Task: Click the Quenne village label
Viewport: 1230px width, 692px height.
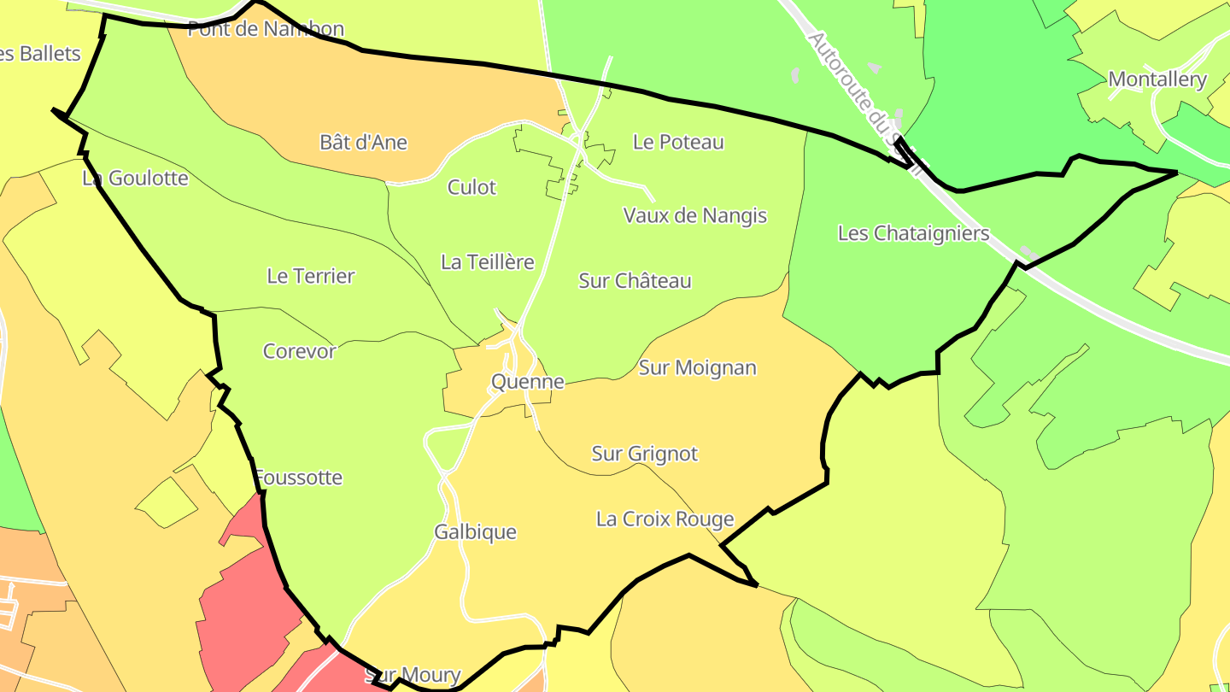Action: [x=528, y=382]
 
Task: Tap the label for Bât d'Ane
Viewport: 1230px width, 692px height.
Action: [x=363, y=143]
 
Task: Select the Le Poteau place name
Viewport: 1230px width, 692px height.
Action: [x=678, y=143]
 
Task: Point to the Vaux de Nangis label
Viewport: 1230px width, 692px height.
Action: [x=695, y=216]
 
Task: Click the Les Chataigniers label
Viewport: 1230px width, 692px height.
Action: [x=913, y=233]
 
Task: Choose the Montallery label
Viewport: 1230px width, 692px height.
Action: [x=1157, y=80]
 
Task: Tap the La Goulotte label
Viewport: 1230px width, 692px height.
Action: [x=135, y=179]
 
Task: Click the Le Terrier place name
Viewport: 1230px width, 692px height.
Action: [x=310, y=276]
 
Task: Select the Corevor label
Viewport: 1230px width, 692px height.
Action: [x=299, y=351]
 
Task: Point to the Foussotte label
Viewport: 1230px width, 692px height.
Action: [x=298, y=478]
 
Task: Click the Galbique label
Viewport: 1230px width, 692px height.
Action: [x=475, y=532]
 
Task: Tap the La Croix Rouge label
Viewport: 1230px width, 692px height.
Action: [x=665, y=519]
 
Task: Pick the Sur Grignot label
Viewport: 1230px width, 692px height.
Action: [x=645, y=454]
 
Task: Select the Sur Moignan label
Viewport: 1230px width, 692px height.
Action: [x=697, y=368]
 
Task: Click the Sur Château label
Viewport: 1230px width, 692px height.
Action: [x=635, y=281]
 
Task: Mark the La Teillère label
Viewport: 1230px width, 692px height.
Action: [x=487, y=262]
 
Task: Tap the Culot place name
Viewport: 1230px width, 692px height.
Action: [x=471, y=187]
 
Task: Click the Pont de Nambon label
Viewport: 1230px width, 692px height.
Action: [x=266, y=29]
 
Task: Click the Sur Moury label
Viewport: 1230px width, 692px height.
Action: [x=413, y=676]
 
